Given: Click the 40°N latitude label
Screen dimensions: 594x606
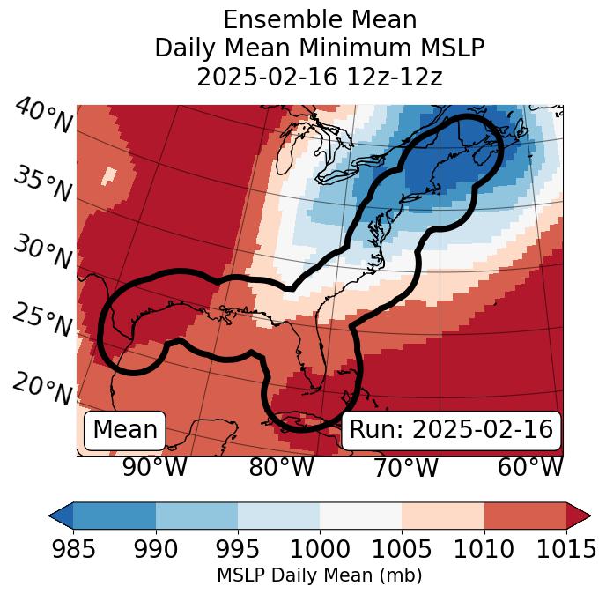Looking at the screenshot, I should click(43, 117).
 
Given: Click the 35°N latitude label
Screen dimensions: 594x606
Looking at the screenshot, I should click(41, 184).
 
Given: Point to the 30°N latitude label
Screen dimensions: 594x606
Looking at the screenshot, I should click(41, 253).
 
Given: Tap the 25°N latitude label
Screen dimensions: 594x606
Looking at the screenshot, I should click(41, 321).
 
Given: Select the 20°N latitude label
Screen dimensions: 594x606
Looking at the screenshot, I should click(41, 389).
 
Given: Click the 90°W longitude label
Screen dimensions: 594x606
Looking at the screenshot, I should click(155, 467).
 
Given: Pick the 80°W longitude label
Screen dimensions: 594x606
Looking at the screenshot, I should click(281, 467).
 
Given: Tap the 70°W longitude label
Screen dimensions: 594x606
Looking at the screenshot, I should click(404, 467).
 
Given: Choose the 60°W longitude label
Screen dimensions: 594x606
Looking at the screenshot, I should click(529, 467).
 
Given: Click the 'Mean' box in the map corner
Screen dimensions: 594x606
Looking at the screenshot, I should click(125, 430).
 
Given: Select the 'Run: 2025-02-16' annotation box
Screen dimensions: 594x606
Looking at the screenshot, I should click(451, 430).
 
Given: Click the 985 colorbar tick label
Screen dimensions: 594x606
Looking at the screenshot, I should click(73, 550).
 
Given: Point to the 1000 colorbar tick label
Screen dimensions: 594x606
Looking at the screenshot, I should click(320, 550).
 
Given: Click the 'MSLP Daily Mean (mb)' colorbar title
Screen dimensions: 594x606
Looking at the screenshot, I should click(319, 575).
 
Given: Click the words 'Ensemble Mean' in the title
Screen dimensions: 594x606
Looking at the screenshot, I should click(319, 19).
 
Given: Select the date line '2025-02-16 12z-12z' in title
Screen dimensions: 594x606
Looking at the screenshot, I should click(319, 77).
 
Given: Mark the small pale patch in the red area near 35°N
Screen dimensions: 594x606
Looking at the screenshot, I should click(108, 176).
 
